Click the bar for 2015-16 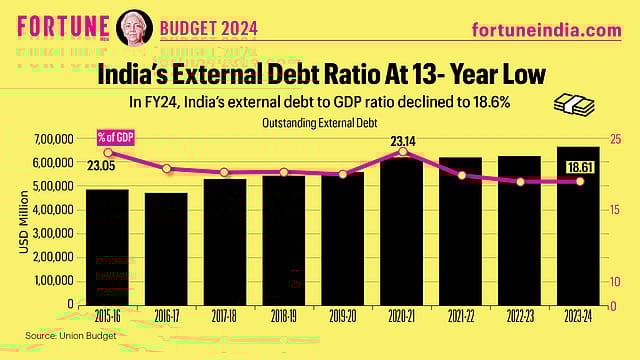(x=106, y=246)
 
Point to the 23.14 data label (x=403, y=141)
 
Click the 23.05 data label (x=100, y=166)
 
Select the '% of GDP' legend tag (x=115, y=136)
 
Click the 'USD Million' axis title (x=23, y=222)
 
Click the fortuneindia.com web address (x=546, y=31)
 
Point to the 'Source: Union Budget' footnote (x=60, y=334)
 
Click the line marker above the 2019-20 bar (x=343, y=175)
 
